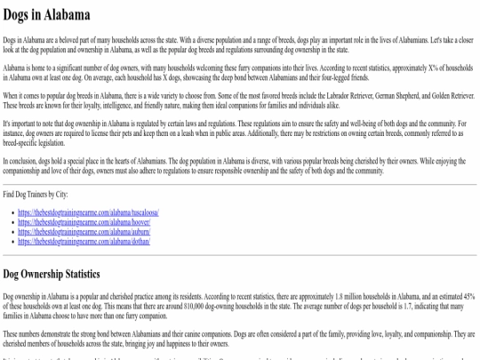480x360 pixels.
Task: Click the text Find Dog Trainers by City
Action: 36,193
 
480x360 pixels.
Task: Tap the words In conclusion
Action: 19,161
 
